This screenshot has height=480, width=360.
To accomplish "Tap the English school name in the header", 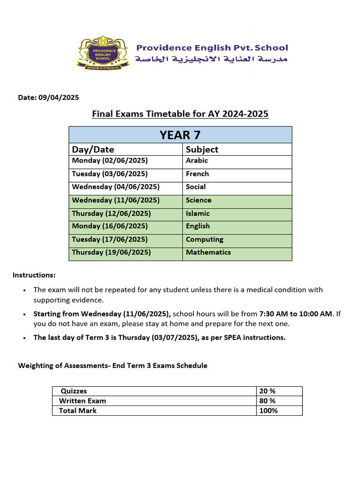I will (x=212, y=48).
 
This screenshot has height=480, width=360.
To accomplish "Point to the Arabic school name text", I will (x=211, y=60).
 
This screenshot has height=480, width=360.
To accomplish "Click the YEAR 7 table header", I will (x=180, y=135).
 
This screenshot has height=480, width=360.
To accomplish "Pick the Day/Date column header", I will (x=93, y=149).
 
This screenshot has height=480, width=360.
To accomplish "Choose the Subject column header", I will (x=202, y=149).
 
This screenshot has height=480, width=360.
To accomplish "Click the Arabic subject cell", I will (x=197, y=161).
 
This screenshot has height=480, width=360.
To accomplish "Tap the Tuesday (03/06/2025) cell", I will (x=110, y=174).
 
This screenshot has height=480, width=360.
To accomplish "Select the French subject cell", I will (x=197, y=174).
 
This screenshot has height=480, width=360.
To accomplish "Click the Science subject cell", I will (x=198, y=200).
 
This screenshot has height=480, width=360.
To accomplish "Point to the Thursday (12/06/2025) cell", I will (x=111, y=213).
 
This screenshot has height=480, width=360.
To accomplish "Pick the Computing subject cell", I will (x=204, y=240).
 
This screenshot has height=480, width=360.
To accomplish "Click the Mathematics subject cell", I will (x=208, y=252).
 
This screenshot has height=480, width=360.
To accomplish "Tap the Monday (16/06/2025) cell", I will (x=110, y=226).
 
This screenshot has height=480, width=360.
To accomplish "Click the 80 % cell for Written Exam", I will (x=267, y=401).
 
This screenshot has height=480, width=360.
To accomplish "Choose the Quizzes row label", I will (x=74, y=391).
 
